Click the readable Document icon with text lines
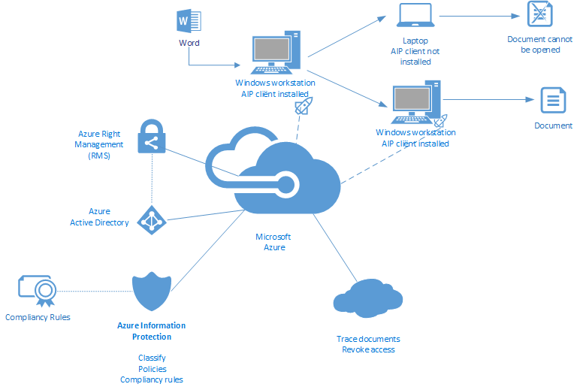tap(553, 100)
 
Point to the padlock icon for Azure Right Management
tap(151, 136)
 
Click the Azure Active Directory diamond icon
tap(151, 220)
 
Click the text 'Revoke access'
tap(368, 349)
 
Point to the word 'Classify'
tap(152, 358)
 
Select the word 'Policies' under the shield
tap(152, 369)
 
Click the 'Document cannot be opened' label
tap(539, 44)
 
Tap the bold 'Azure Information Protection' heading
tap(152, 331)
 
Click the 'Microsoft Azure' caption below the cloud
tap(273, 242)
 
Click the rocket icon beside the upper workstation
tap(302, 106)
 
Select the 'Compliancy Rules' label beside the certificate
tap(38, 317)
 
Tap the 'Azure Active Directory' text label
tap(99, 217)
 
